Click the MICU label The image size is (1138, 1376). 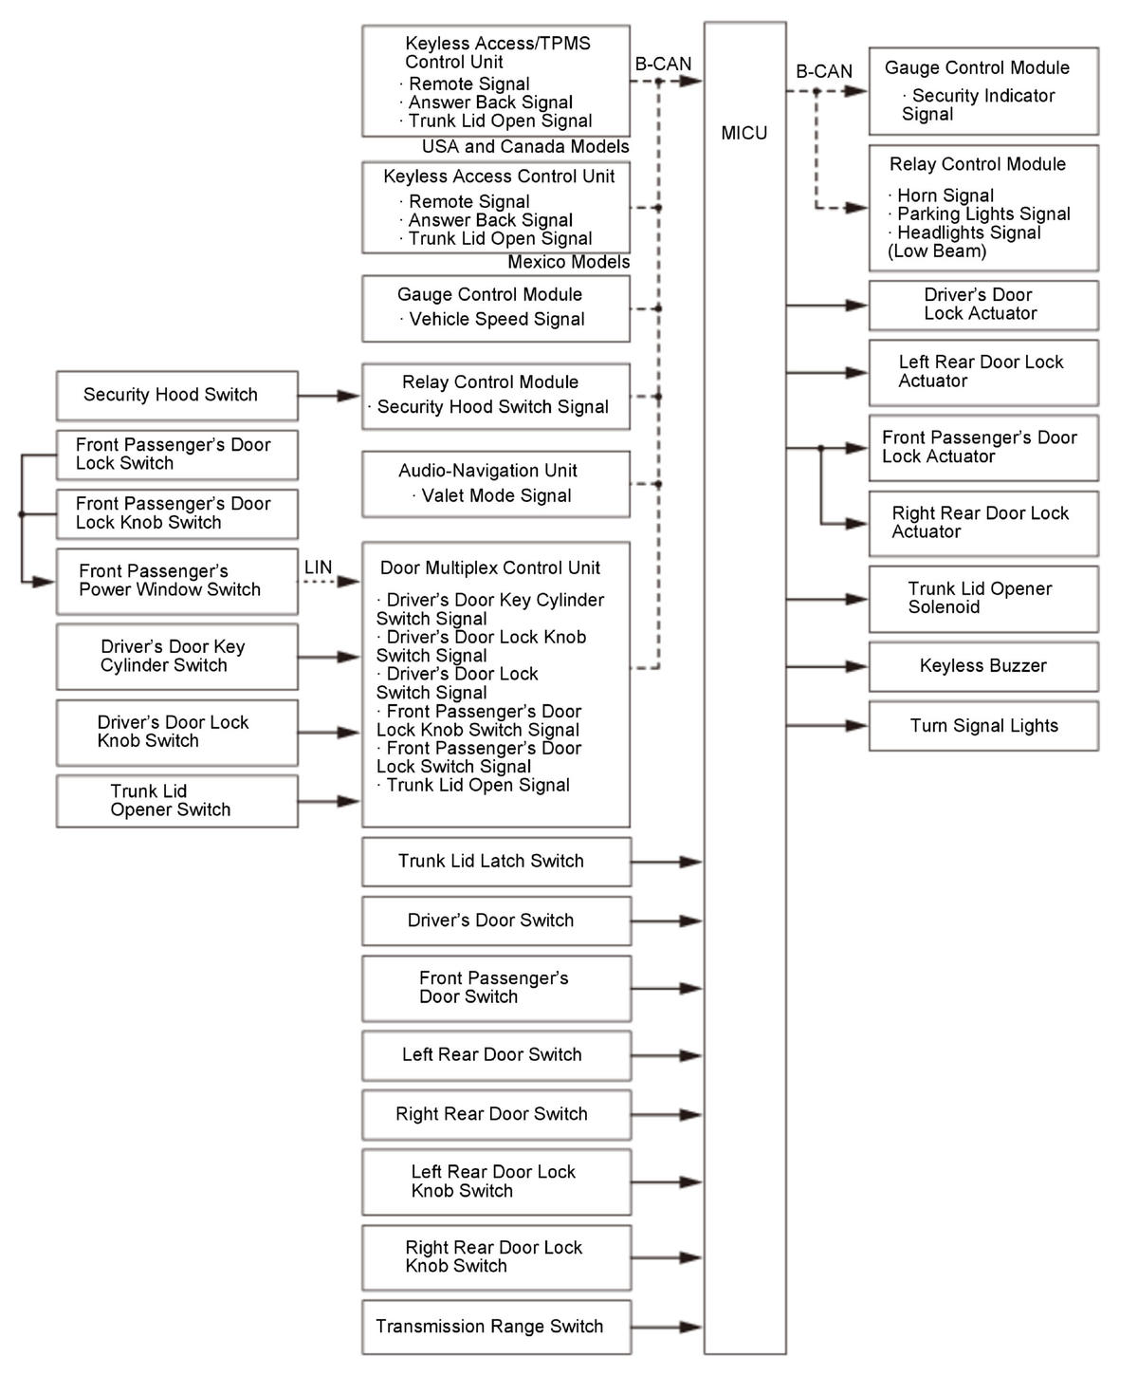pyautogui.click(x=743, y=133)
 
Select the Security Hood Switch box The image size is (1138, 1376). pyautogui.click(x=176, y=395)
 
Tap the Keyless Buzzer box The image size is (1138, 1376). pyautogui.click(x=982, y=666)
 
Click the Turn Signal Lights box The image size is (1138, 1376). pyautogui.click(x=982, y=726)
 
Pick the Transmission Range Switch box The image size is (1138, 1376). pyautogui.click(x=495, y=1327)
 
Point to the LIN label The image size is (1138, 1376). pyautogui.click(x=318, y=567)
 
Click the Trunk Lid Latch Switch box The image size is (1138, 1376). pyautogui.click(x=495, y=862)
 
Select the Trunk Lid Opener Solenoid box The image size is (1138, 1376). pyautogui.click(x=982, y=599)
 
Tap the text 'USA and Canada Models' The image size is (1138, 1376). pyautogui.click(x=524, y=147)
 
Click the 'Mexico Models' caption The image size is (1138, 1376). pyautogui.click(x=568, y=262)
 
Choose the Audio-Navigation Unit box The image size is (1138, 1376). pyautogui.click(x=495, y=484)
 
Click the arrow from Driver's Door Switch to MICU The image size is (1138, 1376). pyautogui.click(x=667, y=920)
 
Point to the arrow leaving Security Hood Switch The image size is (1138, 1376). pyautogui.click(x=329, y=396)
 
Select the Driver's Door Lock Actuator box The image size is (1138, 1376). pyautogui.click(x=982, y=305)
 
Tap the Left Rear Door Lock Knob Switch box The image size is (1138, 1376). pyautogui.click(x=495, y=1181)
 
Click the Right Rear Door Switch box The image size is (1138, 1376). pyautogui.click(x=495, y=1114)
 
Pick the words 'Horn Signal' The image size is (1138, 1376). pyautogui.click(x=945, y=195)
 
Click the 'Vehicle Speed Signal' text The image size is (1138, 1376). pyautogui.click(x=496, y=320)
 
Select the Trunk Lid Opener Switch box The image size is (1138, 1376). pyautogui.click(x=176, y=801)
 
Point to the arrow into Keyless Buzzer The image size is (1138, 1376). pyautogui.click(x=827, y=667)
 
